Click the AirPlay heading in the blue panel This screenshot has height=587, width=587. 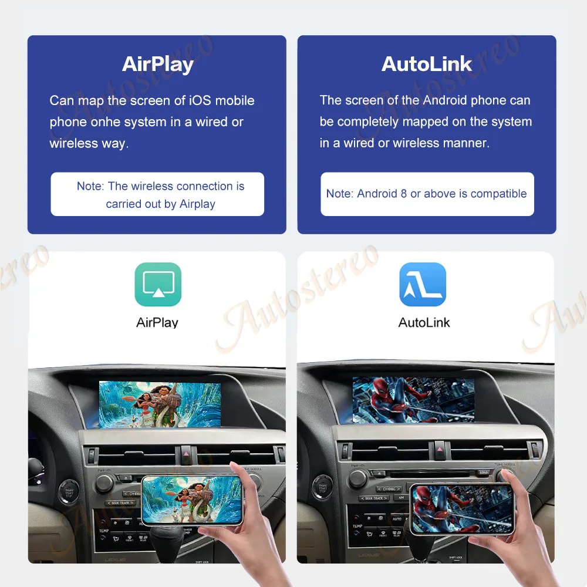[x=157, y=64]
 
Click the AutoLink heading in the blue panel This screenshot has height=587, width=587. [x=427, y=64]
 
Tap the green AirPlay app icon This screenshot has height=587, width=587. [x=158, y=285]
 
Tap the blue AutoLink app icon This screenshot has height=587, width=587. [x=423, y=285]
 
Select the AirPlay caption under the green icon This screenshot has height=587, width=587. [x=157, y=322]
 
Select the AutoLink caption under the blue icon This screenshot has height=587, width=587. [x=424, y=322]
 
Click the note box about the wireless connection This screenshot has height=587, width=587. [x=157, y=194]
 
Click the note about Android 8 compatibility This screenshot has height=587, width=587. [x=427, y=194]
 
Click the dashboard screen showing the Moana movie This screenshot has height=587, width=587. [x=160, y=404]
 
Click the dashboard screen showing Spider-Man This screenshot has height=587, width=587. [x=413, y=400]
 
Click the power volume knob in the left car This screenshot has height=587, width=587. [x=104, y=483]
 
